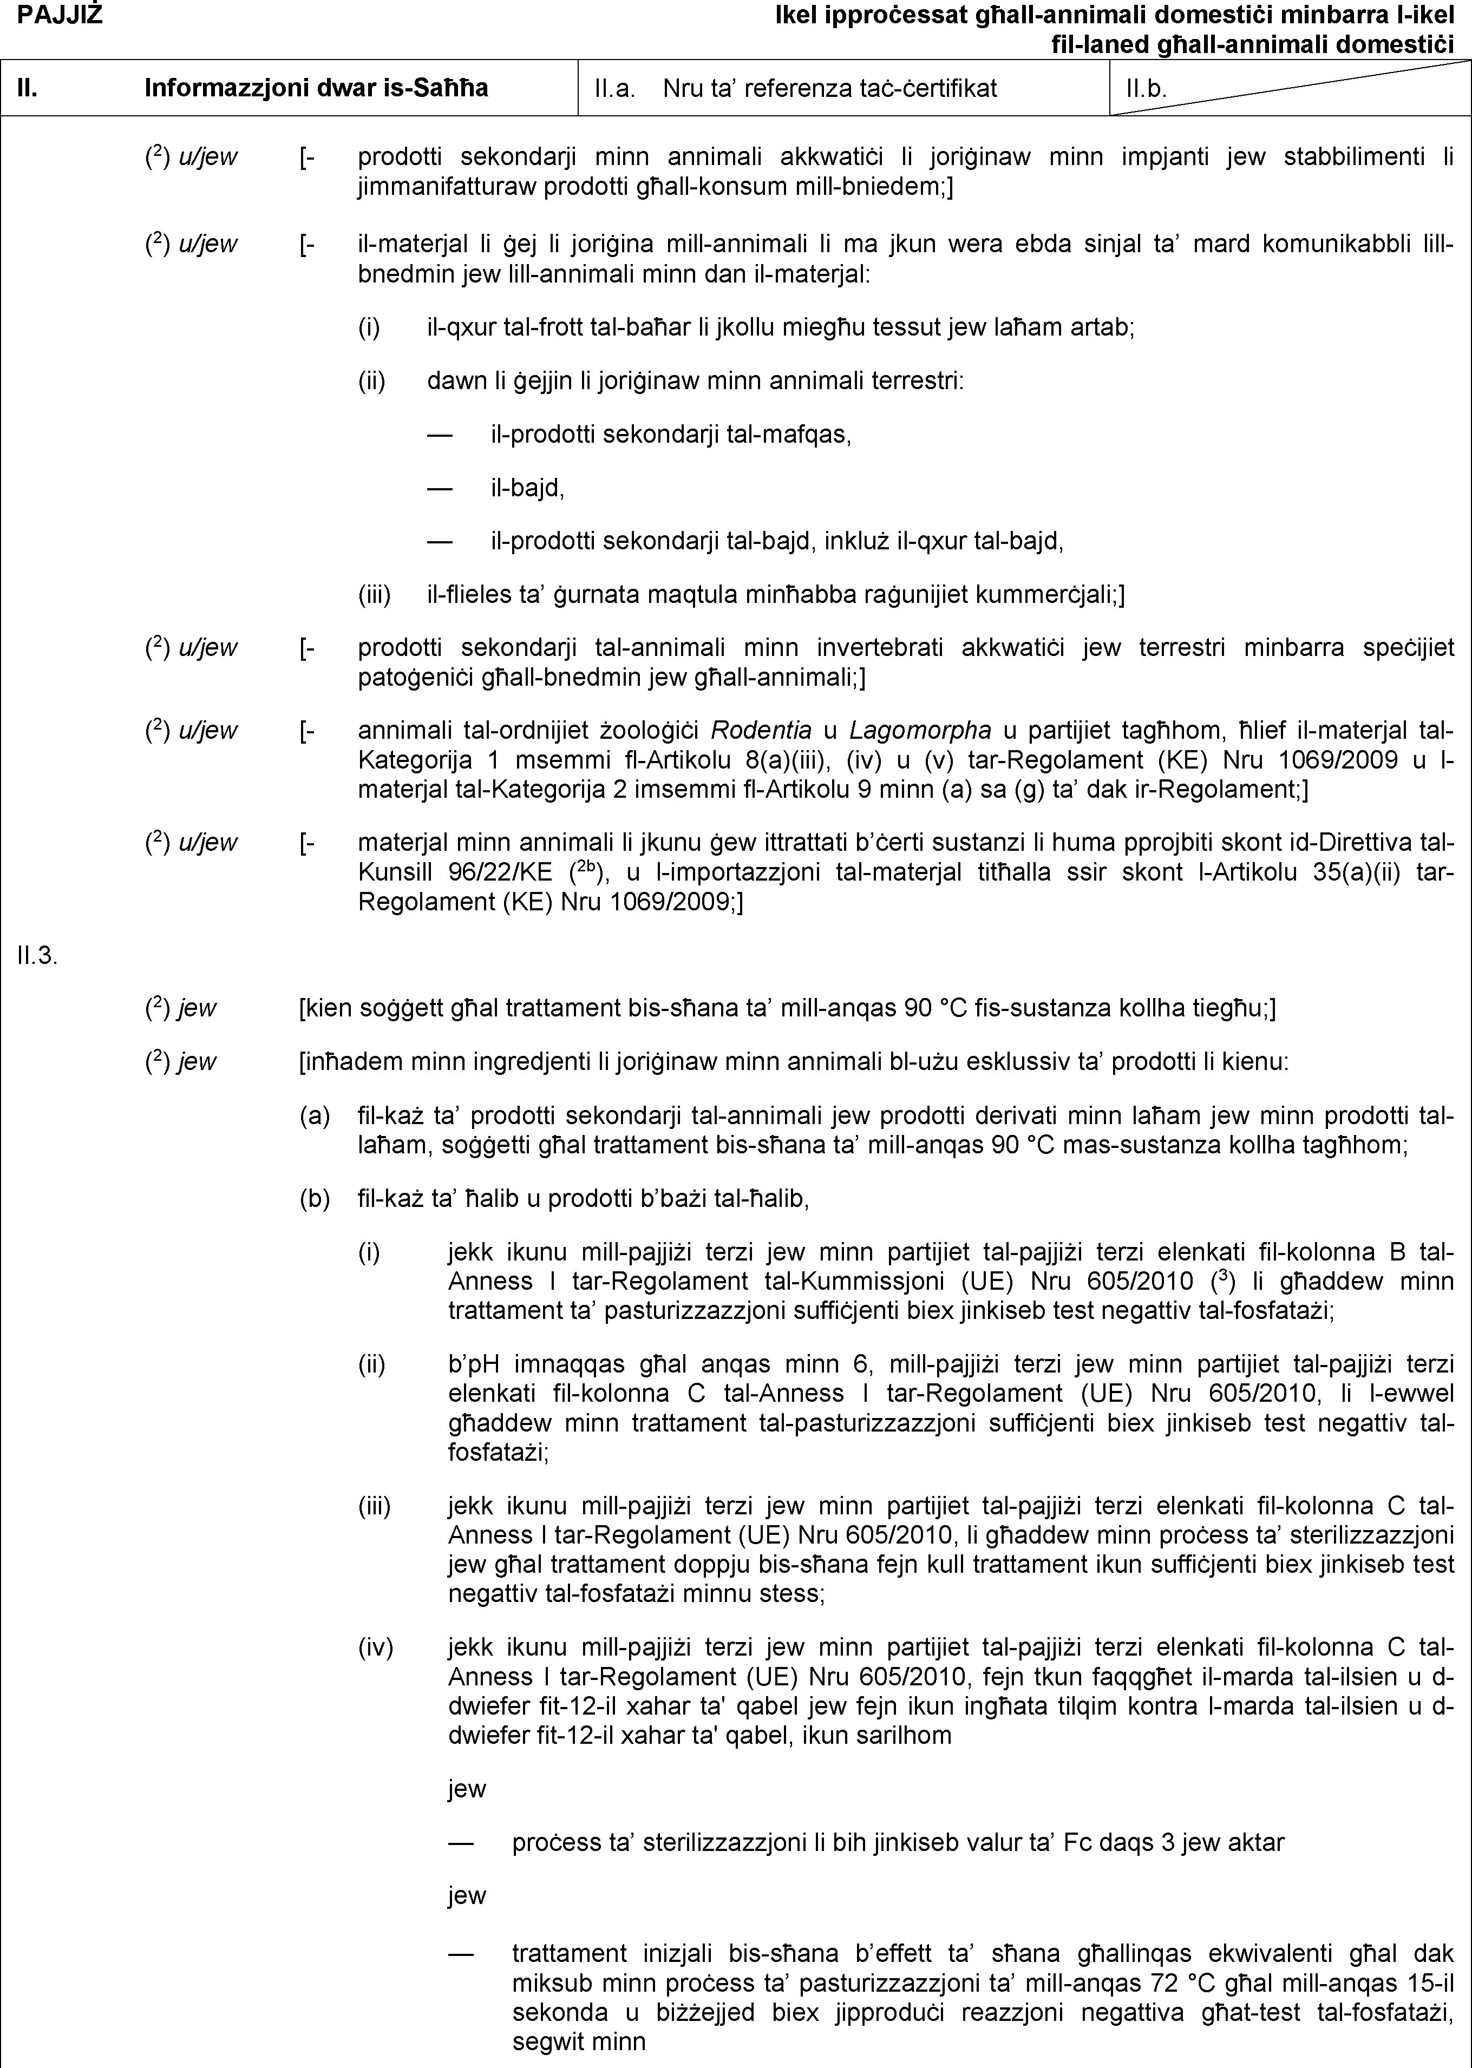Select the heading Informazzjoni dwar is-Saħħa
pos(316,88)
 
